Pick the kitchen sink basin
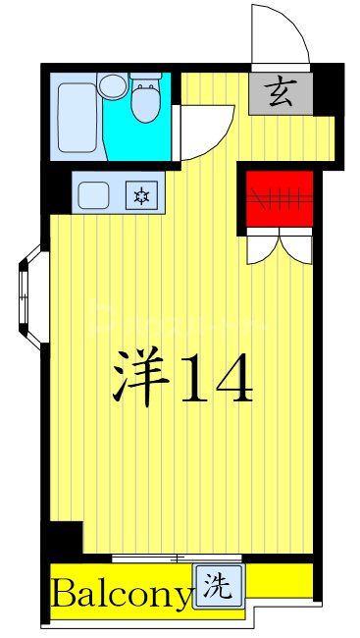pyautogui.click(x=97, y=192)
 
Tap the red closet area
pyautogui.click(x=280, y=200)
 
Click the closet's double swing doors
pyautogui.click(x=280, y=245)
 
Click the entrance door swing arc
pyautogui.click(x=281, y=34)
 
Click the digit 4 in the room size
pyautogui.click(x=235, y=374)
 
